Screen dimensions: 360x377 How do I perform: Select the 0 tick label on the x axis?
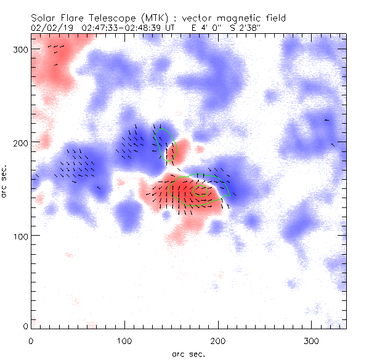click(x=30, y=340)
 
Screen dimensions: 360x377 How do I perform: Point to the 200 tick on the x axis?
click(x=217, y=340)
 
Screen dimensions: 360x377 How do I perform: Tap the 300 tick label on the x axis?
click(x=311, y=340)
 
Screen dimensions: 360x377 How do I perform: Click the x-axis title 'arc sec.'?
click(x=188, y=353)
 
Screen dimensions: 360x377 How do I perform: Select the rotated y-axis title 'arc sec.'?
click(x=5, y=181)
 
